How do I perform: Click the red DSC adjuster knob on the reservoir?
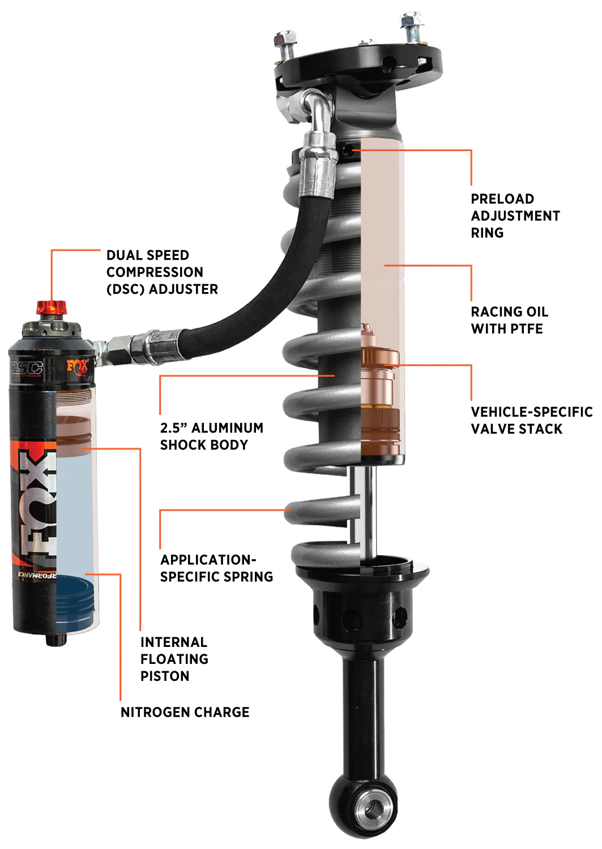pyautogui.click(x=52, y=308)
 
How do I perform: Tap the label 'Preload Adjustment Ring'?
pyautogui.click(x=515, y=216)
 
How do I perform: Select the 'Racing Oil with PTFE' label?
pyautogui.click(x=509, y=320)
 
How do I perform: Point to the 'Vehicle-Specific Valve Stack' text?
pyautogui.click(x=531, y=421)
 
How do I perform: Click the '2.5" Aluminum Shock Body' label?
pyautogui.click(x=211, y=436)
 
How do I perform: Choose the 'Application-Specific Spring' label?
pyautogui.click(x=216, y=568)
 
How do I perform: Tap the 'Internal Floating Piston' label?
pyautogui.click(x=174, y=659)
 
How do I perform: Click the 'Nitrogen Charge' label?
pyautogui.click(x=185, y=712)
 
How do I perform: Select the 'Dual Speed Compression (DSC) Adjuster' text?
pyautogui.click(x=161, y=272)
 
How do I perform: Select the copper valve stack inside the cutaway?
pyautogui.click(x=379, y=391)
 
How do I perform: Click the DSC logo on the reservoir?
pyautogui.click(x=27, y=368)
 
